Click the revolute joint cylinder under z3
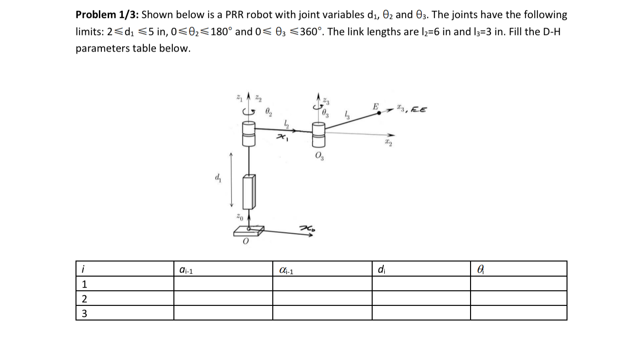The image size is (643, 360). [x=319, y=134]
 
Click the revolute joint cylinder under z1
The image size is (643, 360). [x=248, y=133]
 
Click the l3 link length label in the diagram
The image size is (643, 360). [x=348, y=114]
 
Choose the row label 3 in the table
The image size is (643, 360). [x=84, y=313]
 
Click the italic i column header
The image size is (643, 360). [x=84, y=269]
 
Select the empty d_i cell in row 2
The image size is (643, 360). [x=421, y=298]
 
